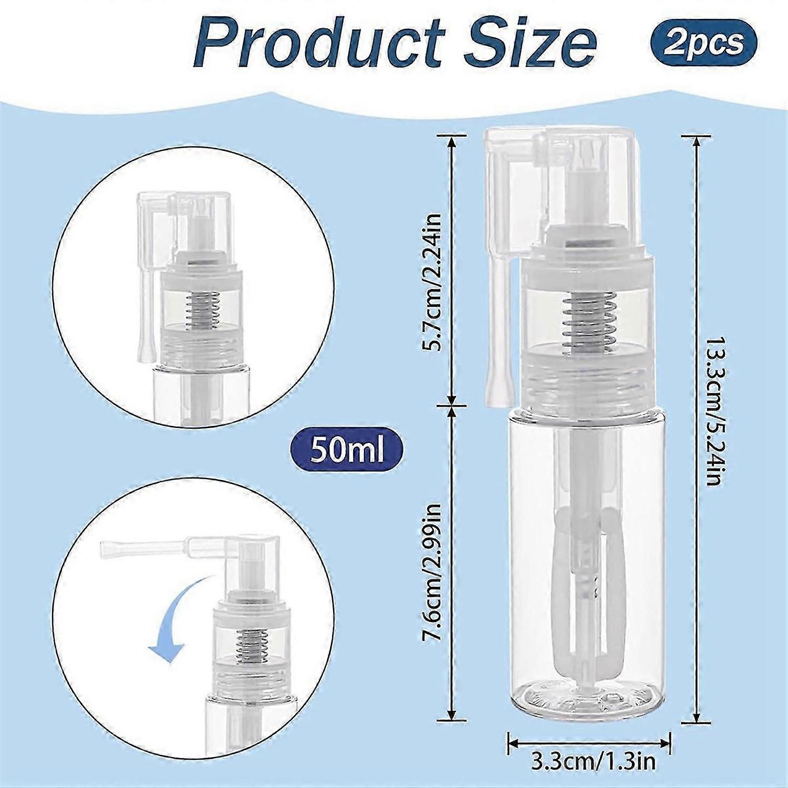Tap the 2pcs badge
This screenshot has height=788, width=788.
click(x=704, y=42)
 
